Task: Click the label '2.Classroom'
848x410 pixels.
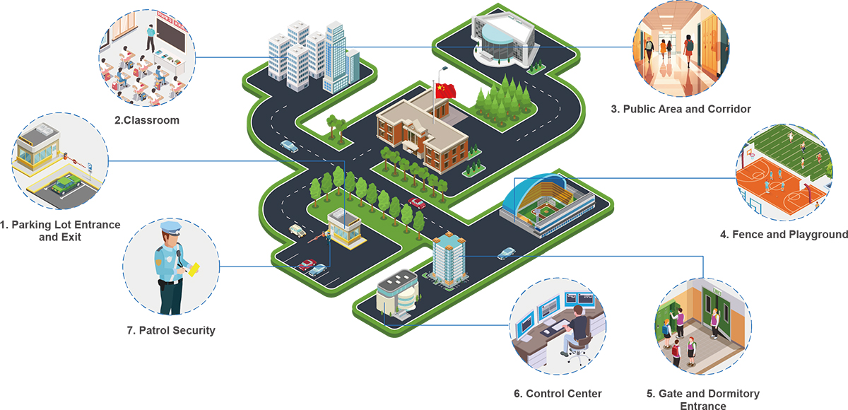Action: pyautogui.click(x=146, y=120)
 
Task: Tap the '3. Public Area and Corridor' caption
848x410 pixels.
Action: pyautogui.click(x=681, y=109)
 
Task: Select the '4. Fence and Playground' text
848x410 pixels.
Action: pyautogui.click(x=784, y=234)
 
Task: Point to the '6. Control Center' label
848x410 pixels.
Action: pyautogui.click(x=558, y=393)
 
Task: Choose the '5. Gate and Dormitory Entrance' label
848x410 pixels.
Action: pyautogui.click(x=702, y=399)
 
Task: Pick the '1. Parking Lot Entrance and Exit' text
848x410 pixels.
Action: pyautogui.click(x=60, y=231)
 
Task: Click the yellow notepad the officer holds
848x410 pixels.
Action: pyautogui.click(x=192, y=269)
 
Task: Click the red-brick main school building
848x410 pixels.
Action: pyautogui.click(x=421, y=135)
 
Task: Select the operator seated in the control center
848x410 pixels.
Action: pyautogui.click(x=577, y=325)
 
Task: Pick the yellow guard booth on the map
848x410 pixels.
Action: pyautogui.click(x=345, y=232)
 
